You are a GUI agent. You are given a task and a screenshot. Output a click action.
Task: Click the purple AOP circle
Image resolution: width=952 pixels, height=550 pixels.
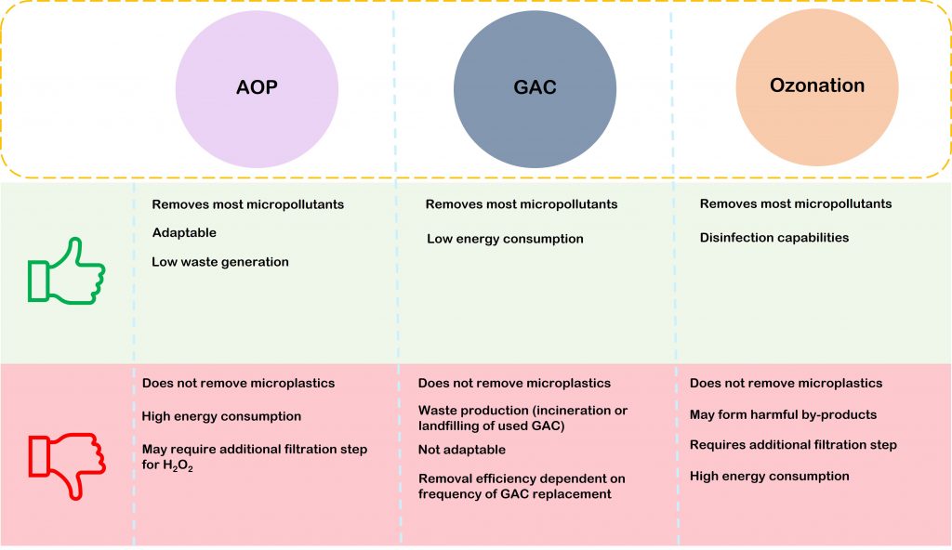(x=257, y=88)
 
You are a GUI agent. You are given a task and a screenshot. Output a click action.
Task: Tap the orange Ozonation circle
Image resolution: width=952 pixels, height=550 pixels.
(x=816, y=86)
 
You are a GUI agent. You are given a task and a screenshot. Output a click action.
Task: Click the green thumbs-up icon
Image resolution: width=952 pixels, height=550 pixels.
(x=66, y=270)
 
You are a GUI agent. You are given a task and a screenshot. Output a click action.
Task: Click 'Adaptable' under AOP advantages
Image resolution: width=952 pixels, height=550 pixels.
(x=184, y=233)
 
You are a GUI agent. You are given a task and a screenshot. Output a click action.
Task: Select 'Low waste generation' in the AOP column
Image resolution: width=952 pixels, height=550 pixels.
(x=220, y=262)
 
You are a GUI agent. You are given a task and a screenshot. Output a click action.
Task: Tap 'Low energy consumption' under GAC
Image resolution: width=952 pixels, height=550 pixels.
(x=505, y=239)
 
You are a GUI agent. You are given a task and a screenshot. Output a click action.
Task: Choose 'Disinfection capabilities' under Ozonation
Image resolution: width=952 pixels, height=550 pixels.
(x=774, y=238)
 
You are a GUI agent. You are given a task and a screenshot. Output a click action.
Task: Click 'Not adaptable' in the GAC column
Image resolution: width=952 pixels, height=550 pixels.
(x=462, y=450)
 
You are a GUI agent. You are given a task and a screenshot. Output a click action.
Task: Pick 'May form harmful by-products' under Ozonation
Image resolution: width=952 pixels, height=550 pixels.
(x=783, y=414)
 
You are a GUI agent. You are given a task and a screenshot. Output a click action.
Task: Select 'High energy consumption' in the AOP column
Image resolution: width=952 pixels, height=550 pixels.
(x=221, y=416)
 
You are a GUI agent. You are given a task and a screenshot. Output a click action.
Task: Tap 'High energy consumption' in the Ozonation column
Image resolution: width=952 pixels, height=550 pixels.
(x=769, y=477)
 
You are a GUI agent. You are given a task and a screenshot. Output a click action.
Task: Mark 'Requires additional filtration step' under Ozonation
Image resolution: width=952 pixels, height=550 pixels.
(x=793, y=445)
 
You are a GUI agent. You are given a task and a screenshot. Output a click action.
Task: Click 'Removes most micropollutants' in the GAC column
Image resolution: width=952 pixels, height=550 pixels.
(x=521, y=204)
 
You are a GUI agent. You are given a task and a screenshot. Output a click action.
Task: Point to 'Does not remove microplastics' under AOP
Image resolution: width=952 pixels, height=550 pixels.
(x=238, y=383)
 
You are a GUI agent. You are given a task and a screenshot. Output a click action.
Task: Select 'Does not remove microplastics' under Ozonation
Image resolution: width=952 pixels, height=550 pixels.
(x=786, y=383)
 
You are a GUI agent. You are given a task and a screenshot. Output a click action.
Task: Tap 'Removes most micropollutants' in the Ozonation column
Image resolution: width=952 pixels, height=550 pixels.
(x=795, y=203)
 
